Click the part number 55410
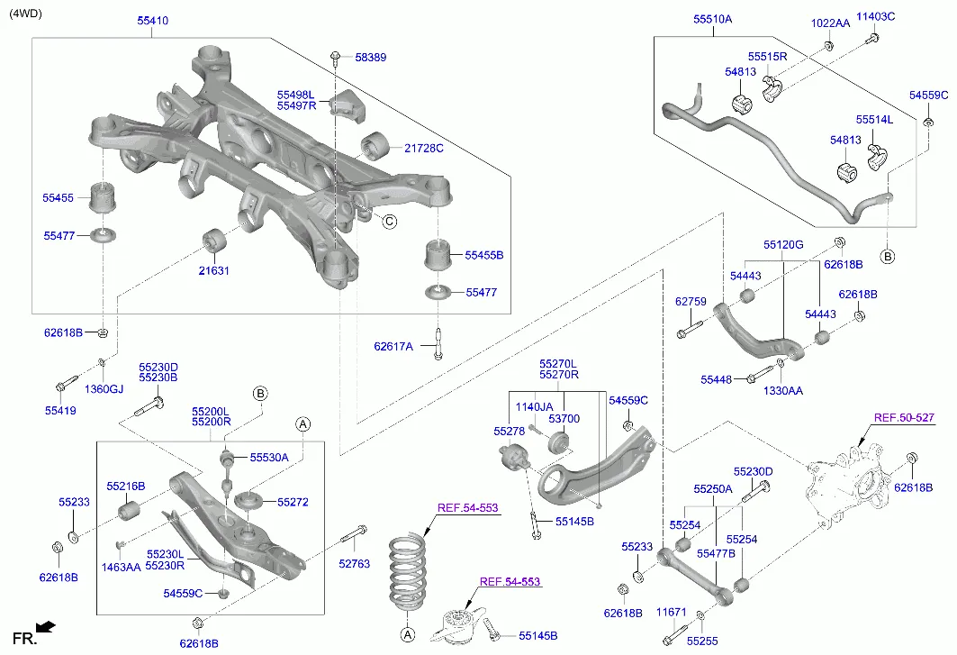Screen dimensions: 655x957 [152, 20]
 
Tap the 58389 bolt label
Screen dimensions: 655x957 [370, 57]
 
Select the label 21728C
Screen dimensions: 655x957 [423, 148]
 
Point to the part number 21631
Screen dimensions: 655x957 [215, 269]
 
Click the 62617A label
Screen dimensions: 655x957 [393, 346]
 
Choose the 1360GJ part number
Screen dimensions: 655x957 [104, 388]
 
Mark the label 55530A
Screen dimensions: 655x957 [269, 458]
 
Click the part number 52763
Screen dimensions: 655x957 [354, 564]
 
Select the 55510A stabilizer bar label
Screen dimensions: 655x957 [712, 19]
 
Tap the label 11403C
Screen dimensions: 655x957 [875, 16]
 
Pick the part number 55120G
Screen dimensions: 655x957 [783, 244]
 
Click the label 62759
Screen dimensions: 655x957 [691, 303]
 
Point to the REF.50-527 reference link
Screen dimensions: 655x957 [904, 418]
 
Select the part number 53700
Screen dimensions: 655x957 [564, 419]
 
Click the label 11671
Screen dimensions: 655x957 [671, 612]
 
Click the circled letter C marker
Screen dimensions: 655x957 [389, 222]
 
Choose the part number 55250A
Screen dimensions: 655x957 [712, 489]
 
